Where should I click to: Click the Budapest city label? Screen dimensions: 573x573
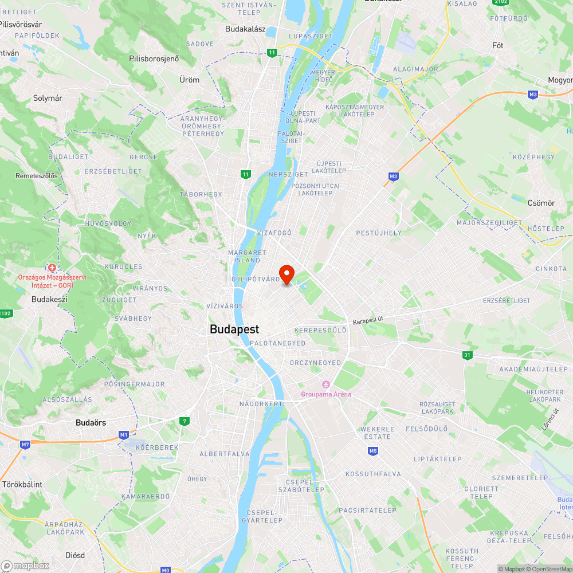coord(234,329)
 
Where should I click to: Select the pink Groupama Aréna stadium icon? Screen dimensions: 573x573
coord(326,384)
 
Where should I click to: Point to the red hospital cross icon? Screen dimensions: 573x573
coord(52,268)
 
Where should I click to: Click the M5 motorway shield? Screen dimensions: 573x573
coord(373,451)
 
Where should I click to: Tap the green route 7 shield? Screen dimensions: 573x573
coord(184,421)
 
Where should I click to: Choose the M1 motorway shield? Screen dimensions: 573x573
coord(124,435)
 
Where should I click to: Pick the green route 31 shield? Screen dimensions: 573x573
coord(468,355)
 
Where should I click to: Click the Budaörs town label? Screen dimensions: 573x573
coord(91,423)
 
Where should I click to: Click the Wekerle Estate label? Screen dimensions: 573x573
coord(376,433)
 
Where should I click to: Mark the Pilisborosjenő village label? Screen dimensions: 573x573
coord(154,58)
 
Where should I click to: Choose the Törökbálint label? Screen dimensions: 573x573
coord(22,484)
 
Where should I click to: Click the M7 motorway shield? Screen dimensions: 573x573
coord(25,444)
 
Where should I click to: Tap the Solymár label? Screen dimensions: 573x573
coord(48,99)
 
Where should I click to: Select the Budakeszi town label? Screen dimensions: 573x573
coord(49,299)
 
